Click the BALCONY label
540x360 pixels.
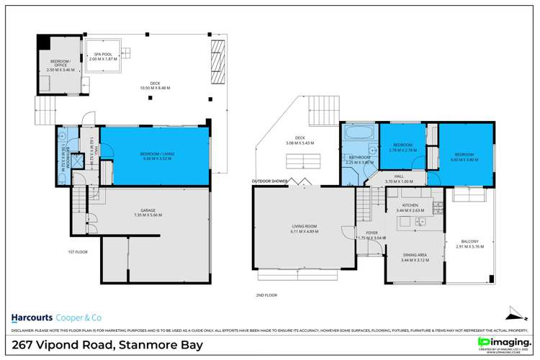(468, 244)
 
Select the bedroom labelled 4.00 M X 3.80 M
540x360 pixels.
(465, 156)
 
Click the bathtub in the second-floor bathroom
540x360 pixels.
(357, 133)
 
